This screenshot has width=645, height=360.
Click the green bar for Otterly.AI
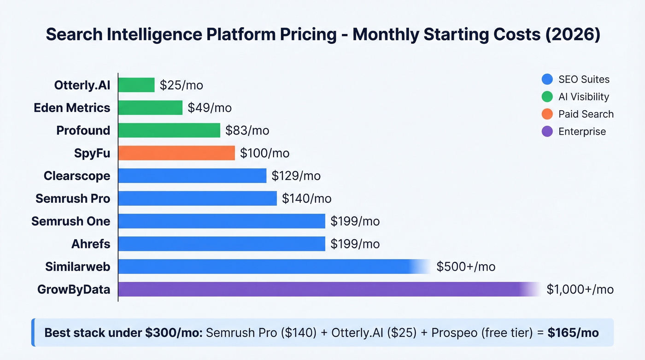pyautogui.click(x=136, y=85)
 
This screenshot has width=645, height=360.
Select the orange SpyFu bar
pyautogui.click(x=176, y=153)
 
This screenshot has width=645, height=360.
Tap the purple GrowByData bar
pyautogui.click(x=322, y=289)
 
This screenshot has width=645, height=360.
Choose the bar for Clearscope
pyautogui.click(x=192, y=176)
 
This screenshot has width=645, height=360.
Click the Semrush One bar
pyautogui.click(x=222, y=221)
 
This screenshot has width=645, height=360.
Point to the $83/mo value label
pyautogui.click(x=247, y=130)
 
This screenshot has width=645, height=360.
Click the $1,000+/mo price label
pyautogui.click(x=580, y=289)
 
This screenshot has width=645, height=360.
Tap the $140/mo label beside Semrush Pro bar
pyautogui.click(x=306, y=199)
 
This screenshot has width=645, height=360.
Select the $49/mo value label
pyautogui.click(x=210, y=108)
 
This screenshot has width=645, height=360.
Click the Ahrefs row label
pyautogui.click(x=91, y=244)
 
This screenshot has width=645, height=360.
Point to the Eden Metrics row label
pyautogui.click(x=72, y=108)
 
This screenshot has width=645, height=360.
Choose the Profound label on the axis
pyautogui.click(x=83, y=130)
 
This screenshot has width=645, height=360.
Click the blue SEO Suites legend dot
pyautogui.click(x=547, y=79)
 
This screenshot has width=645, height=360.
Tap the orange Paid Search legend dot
pyautogui.click(x=547, y=114)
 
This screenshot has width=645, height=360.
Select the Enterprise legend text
pyautogui.click(x=582, y=132)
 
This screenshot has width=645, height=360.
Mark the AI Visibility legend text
pyautogui.click(x=584, y=97)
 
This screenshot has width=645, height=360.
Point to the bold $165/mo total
pyautogui.click(x=573, y=333)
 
